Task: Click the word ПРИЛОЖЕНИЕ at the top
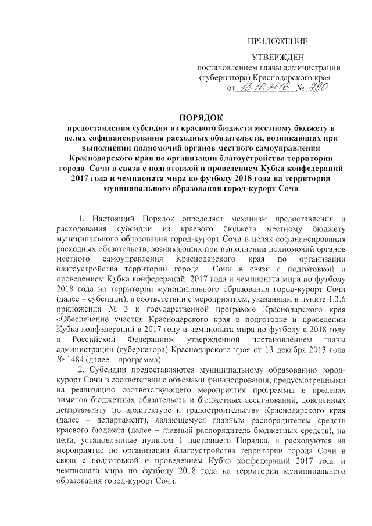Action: [x=277, y=41]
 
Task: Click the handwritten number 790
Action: [x=317, y=87]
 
